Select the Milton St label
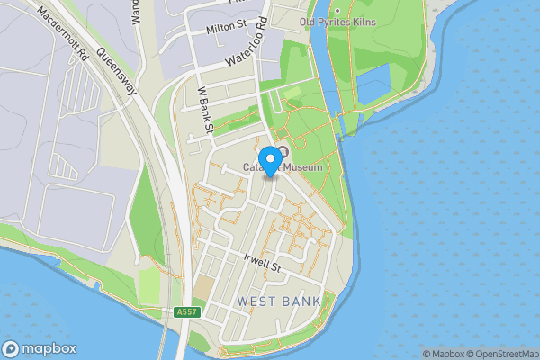(x=226, y=29)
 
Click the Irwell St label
(x=263, y=263)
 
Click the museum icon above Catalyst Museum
(x=283, y=152)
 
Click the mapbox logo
(x=40, y=348)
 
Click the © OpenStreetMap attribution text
(x=503, y=354)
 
